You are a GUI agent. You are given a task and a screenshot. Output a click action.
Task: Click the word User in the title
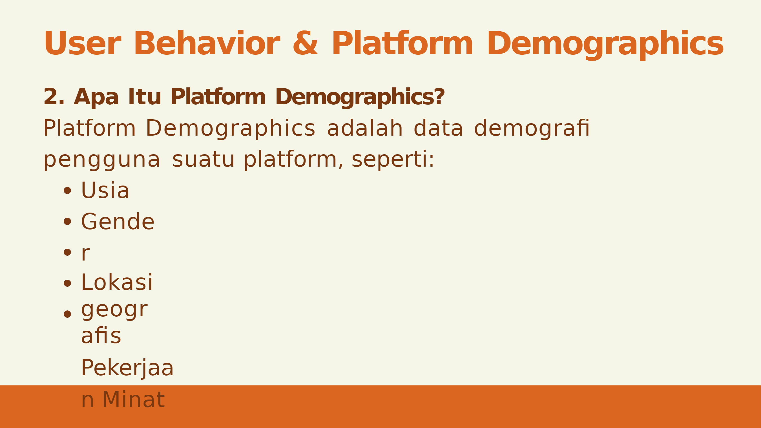[x=82, y=43]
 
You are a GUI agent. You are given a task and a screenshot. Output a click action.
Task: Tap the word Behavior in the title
[x=207, y=43]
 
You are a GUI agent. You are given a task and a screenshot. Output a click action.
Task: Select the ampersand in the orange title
[x=306, y=43]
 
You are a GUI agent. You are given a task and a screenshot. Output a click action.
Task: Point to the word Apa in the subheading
[x=96, y=97]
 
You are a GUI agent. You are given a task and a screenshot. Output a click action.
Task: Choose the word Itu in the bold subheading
[x=145, y=97]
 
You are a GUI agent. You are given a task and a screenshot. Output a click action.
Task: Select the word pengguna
[x=102, y=160]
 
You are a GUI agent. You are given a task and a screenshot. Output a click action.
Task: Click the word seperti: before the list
[x=393, y=160]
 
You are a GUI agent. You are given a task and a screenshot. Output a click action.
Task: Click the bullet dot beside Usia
[x=67, y=190]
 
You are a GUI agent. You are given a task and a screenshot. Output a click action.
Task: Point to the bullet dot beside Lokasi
[x=67, y=283]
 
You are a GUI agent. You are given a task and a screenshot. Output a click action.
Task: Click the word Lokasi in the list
[x=117, y=282]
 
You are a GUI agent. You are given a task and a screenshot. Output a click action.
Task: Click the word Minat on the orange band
[x=134, y=399]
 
